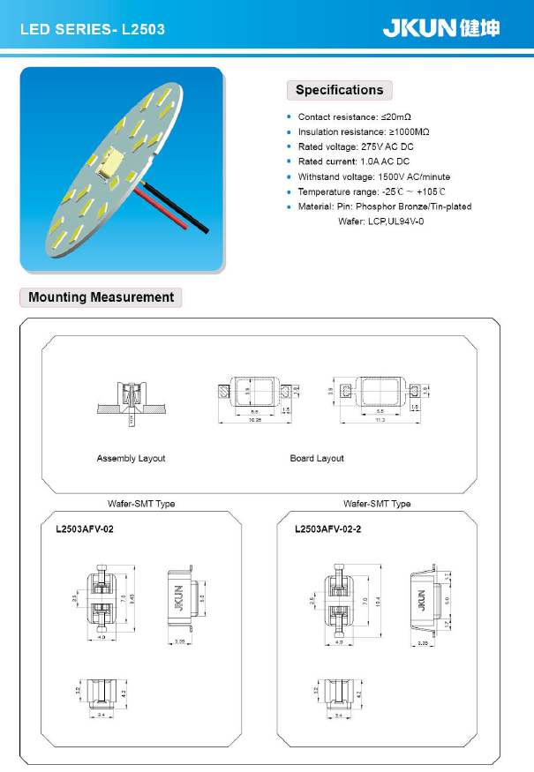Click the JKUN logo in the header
[x=440, y=28]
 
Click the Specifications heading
[x=339, y=90]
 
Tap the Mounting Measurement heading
[x=101, y=297]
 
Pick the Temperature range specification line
[x=372, y=191]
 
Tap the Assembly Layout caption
[x=131, y=459]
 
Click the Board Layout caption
[x=317, y=459]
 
